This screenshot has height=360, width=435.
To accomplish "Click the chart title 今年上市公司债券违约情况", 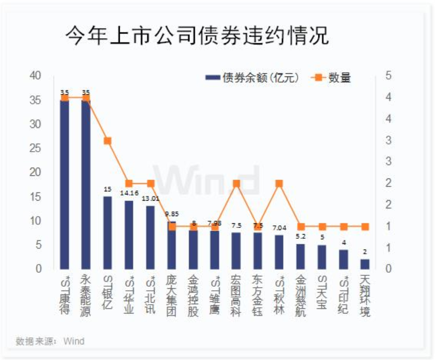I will (197, 37).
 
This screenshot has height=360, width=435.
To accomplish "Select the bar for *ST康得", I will (65, 183).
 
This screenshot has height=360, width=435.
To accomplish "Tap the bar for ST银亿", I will (107, 232).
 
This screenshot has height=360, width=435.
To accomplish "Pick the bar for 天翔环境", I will (365, 264).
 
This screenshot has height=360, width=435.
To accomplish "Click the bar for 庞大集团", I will (172, 245).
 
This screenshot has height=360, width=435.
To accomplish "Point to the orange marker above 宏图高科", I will (236, 184).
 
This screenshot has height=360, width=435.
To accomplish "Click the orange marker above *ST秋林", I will (279, 184).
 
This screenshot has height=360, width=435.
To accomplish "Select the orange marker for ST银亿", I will (107, 141).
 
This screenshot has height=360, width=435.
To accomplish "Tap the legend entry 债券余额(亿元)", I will (253, 78).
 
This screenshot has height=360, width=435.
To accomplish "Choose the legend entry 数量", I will (332, 78).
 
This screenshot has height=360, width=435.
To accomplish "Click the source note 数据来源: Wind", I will (50, 341).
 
